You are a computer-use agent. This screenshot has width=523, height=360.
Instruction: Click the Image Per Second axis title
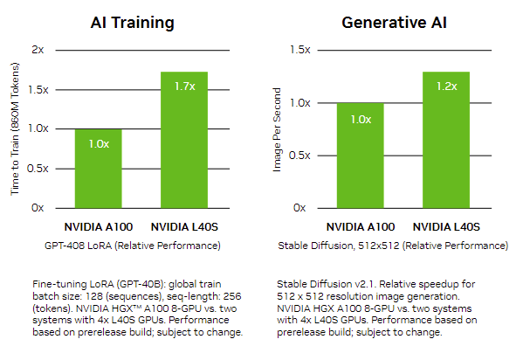(278, 129)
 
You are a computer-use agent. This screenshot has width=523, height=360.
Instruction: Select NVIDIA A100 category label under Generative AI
(360, 226)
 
